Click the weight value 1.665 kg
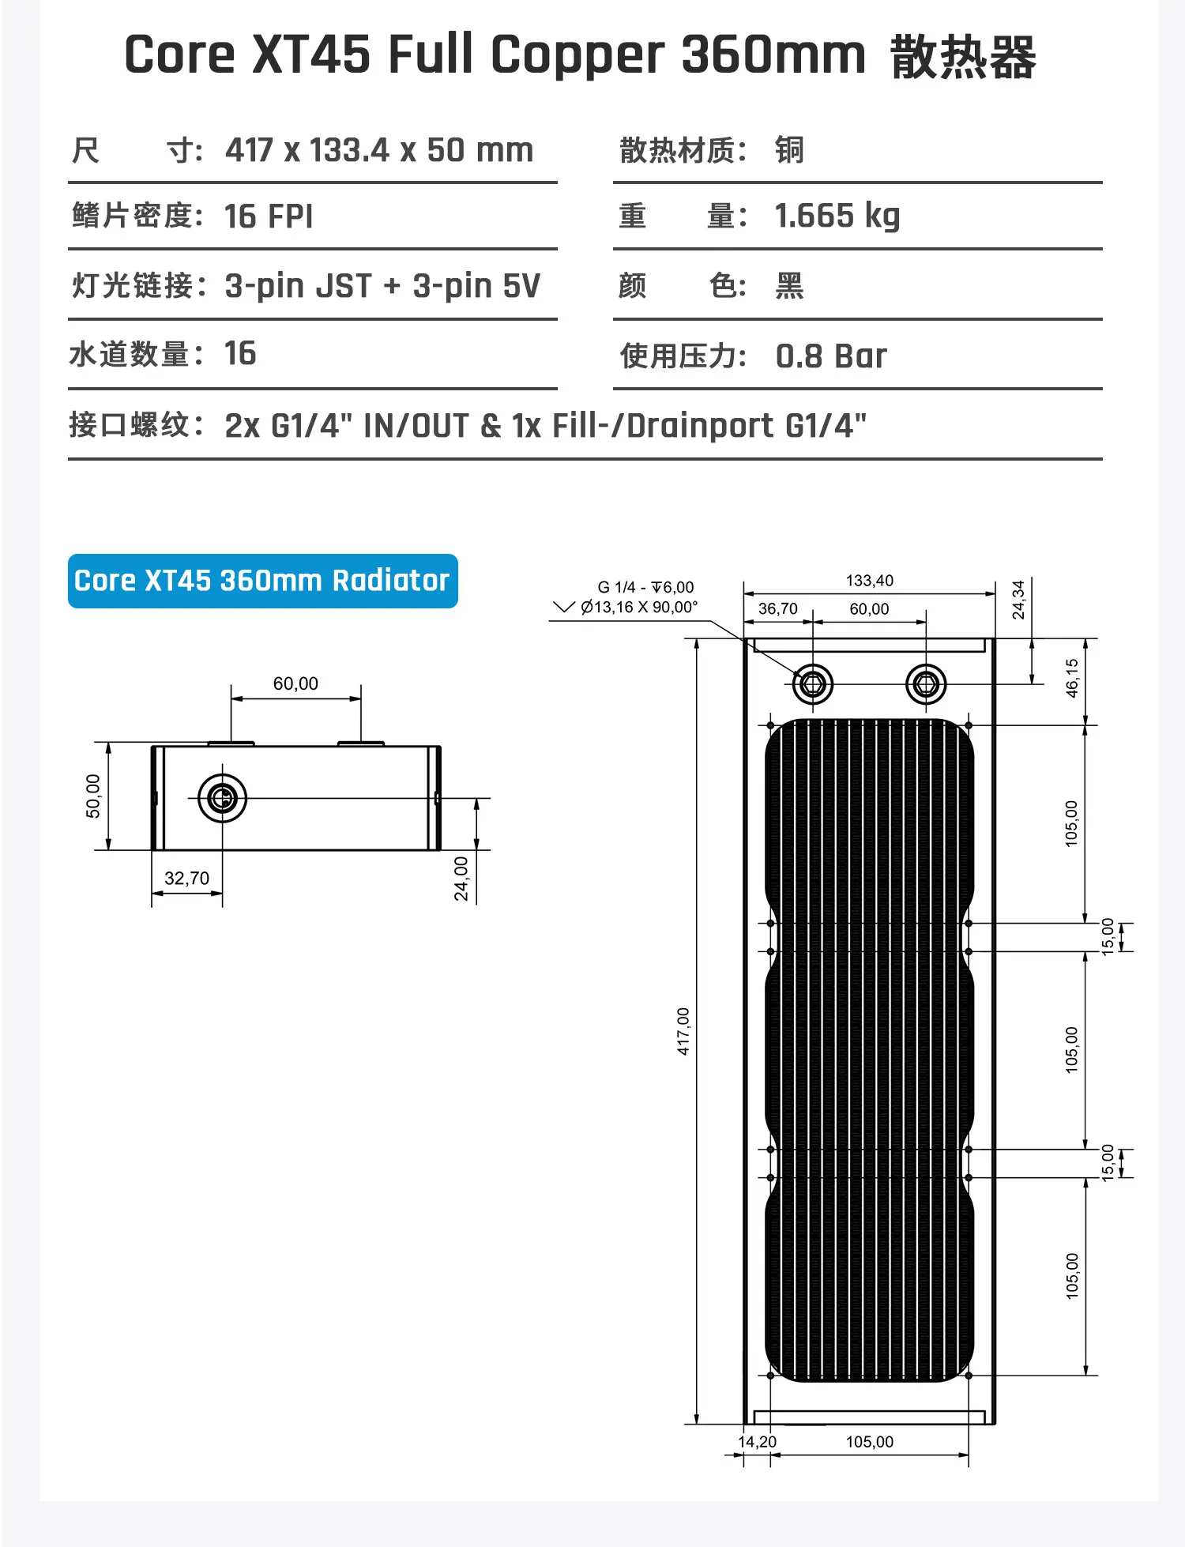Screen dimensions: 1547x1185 pos(837,216)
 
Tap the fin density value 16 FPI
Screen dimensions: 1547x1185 pos(269,216)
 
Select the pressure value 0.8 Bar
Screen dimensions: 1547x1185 pos(831,356)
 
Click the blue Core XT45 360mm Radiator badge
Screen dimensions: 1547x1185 pos(262,581)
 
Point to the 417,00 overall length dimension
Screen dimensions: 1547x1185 pos(683,1030)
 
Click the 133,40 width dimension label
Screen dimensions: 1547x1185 pos(869,581)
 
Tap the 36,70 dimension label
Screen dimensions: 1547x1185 pos(777,609)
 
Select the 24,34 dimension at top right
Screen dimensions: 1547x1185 pos(1018,600)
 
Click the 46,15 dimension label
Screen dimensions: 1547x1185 pos(1072,678)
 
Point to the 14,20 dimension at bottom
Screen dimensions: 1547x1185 pos(757,1442)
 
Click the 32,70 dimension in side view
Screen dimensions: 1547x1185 pos(186,879)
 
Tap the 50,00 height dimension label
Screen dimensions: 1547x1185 pos(93,796)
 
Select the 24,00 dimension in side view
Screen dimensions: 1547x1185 pos(461,879)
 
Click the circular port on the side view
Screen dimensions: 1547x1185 pos(222,798)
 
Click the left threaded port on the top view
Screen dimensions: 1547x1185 pos(812,683)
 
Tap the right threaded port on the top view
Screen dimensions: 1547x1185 pos(926,683)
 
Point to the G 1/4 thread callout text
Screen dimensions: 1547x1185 pos(645,587)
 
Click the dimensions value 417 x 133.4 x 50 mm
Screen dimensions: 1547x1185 pos(379,150)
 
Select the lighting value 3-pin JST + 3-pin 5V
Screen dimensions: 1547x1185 pos(382,286)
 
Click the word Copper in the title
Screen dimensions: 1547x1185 pos(577,55)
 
